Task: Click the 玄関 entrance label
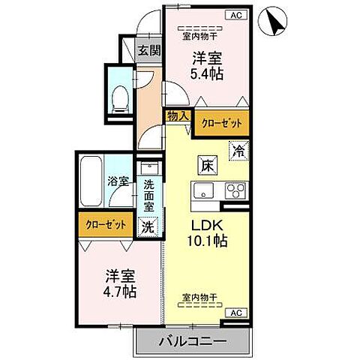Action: pos(149,51)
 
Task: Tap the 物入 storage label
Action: pos(178,116)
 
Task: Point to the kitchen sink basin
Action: pos(204,191)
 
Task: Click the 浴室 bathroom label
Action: pos(118,181)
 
